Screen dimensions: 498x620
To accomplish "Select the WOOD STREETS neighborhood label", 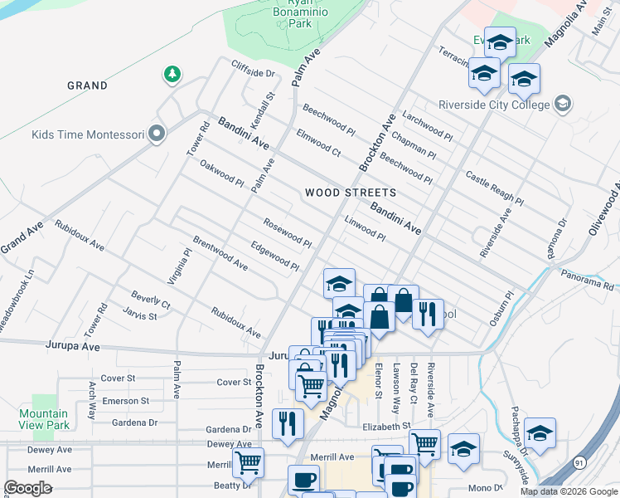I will click(x=350, y=193).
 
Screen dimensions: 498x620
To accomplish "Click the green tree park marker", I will click(x=172, y=75).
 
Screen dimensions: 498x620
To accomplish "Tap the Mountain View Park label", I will click(x=44, y=419).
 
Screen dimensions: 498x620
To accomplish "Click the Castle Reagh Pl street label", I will click(x=494, y=188).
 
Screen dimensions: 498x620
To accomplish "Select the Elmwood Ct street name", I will click(x=319, y=141).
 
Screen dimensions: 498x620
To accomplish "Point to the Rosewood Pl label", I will click(x=287, y=232).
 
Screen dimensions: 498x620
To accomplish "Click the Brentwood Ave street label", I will click(x=220, y=254).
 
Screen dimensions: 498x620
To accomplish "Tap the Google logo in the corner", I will click(x=28, y=488).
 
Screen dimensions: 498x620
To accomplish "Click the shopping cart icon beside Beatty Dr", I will click(x=248, y=463).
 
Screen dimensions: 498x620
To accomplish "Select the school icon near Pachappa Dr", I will click(x=540, y=434).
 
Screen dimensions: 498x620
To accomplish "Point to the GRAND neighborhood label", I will click(x=87, y=85).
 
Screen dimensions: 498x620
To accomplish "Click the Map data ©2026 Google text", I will click(x=569, y=491).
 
